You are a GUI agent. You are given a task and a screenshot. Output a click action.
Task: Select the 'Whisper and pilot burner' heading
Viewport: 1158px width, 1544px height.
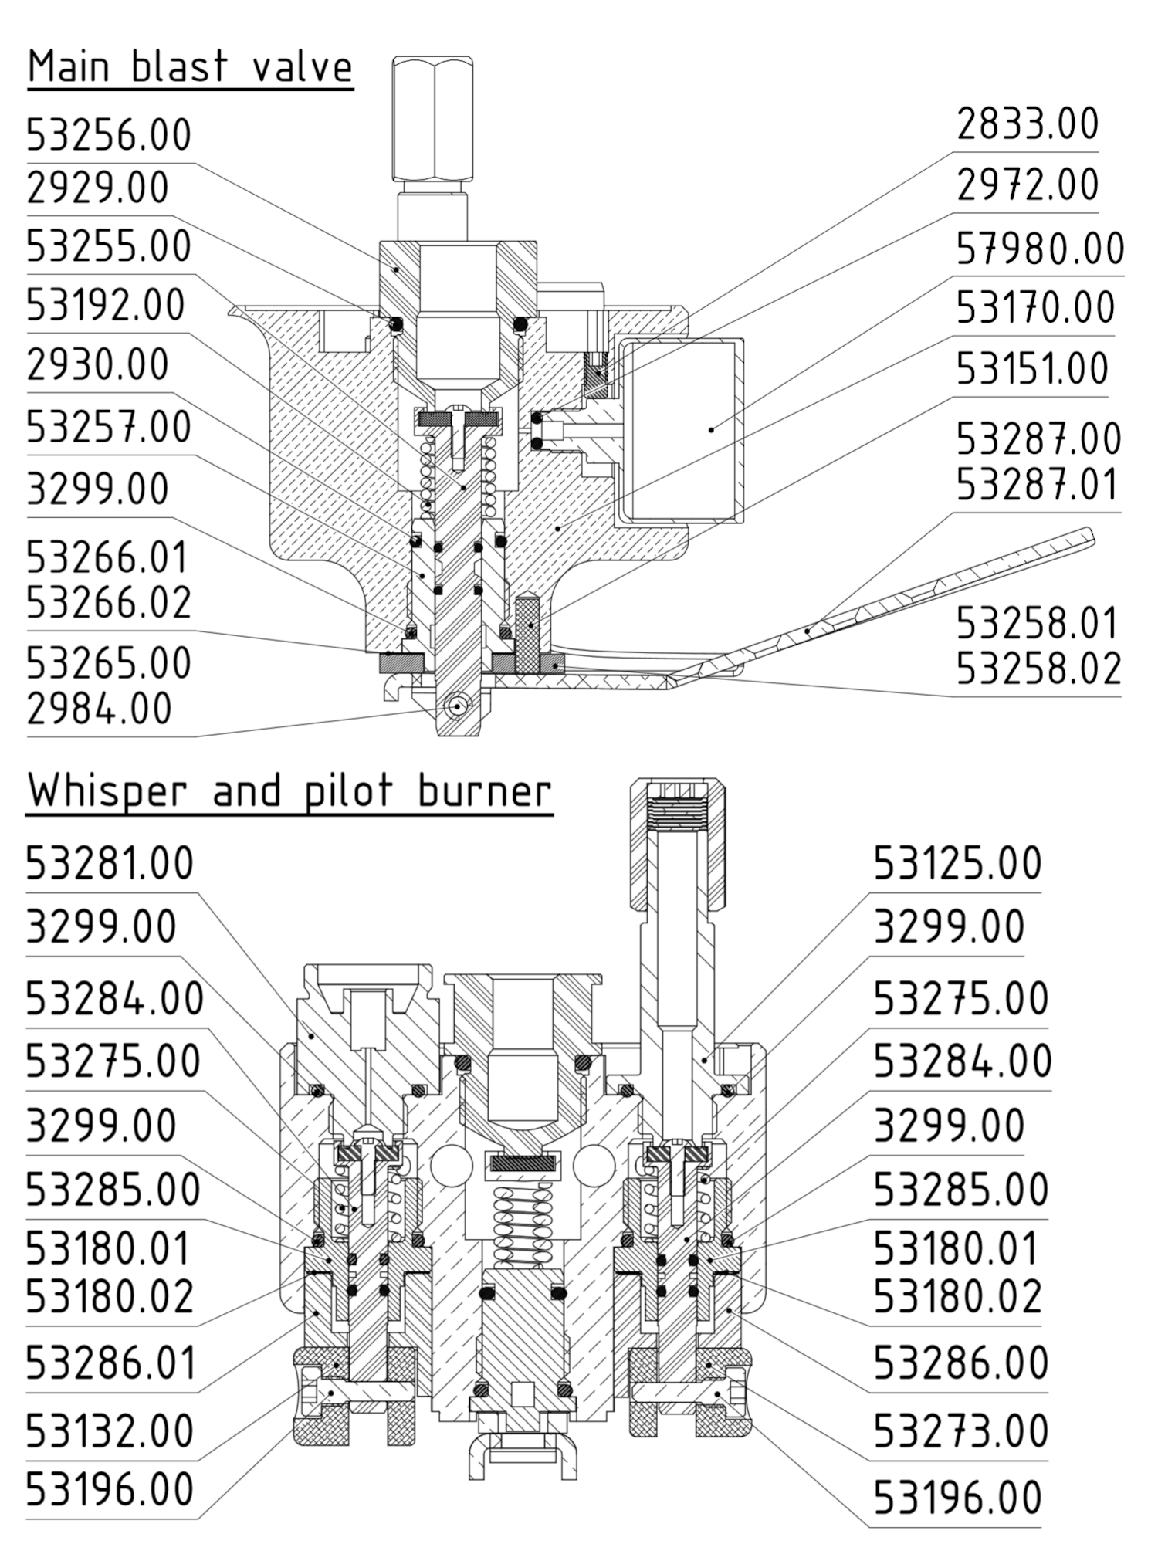coord(289,791)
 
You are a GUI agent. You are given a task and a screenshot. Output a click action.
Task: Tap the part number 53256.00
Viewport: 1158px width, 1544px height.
coord(109,135)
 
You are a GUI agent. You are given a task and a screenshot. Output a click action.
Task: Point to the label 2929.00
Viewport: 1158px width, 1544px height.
coord(97,188)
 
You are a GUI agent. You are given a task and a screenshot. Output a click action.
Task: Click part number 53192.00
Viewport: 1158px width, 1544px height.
coord(106,305)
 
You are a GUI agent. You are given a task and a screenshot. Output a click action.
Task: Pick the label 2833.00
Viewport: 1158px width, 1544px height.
coord(1028,124)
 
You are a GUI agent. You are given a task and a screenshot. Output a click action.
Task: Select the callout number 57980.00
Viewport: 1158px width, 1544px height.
coord(1040,249)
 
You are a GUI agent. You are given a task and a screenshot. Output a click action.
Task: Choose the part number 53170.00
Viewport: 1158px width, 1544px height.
coord(1035,307)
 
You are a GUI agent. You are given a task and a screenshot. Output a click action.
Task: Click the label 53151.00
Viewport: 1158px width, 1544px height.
coord(1032,368)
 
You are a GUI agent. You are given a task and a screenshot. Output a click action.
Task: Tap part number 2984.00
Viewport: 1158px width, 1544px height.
coord(99,709)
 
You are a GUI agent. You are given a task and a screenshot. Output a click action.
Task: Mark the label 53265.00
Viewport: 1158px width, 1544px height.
coord(109,662)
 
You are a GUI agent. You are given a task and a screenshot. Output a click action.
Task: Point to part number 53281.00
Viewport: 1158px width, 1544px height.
coord(110,863)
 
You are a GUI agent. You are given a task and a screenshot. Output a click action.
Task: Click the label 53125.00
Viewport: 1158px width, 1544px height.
coord(957,863)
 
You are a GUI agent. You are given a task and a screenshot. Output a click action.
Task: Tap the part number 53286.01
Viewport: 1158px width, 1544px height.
coord(111,1363)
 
